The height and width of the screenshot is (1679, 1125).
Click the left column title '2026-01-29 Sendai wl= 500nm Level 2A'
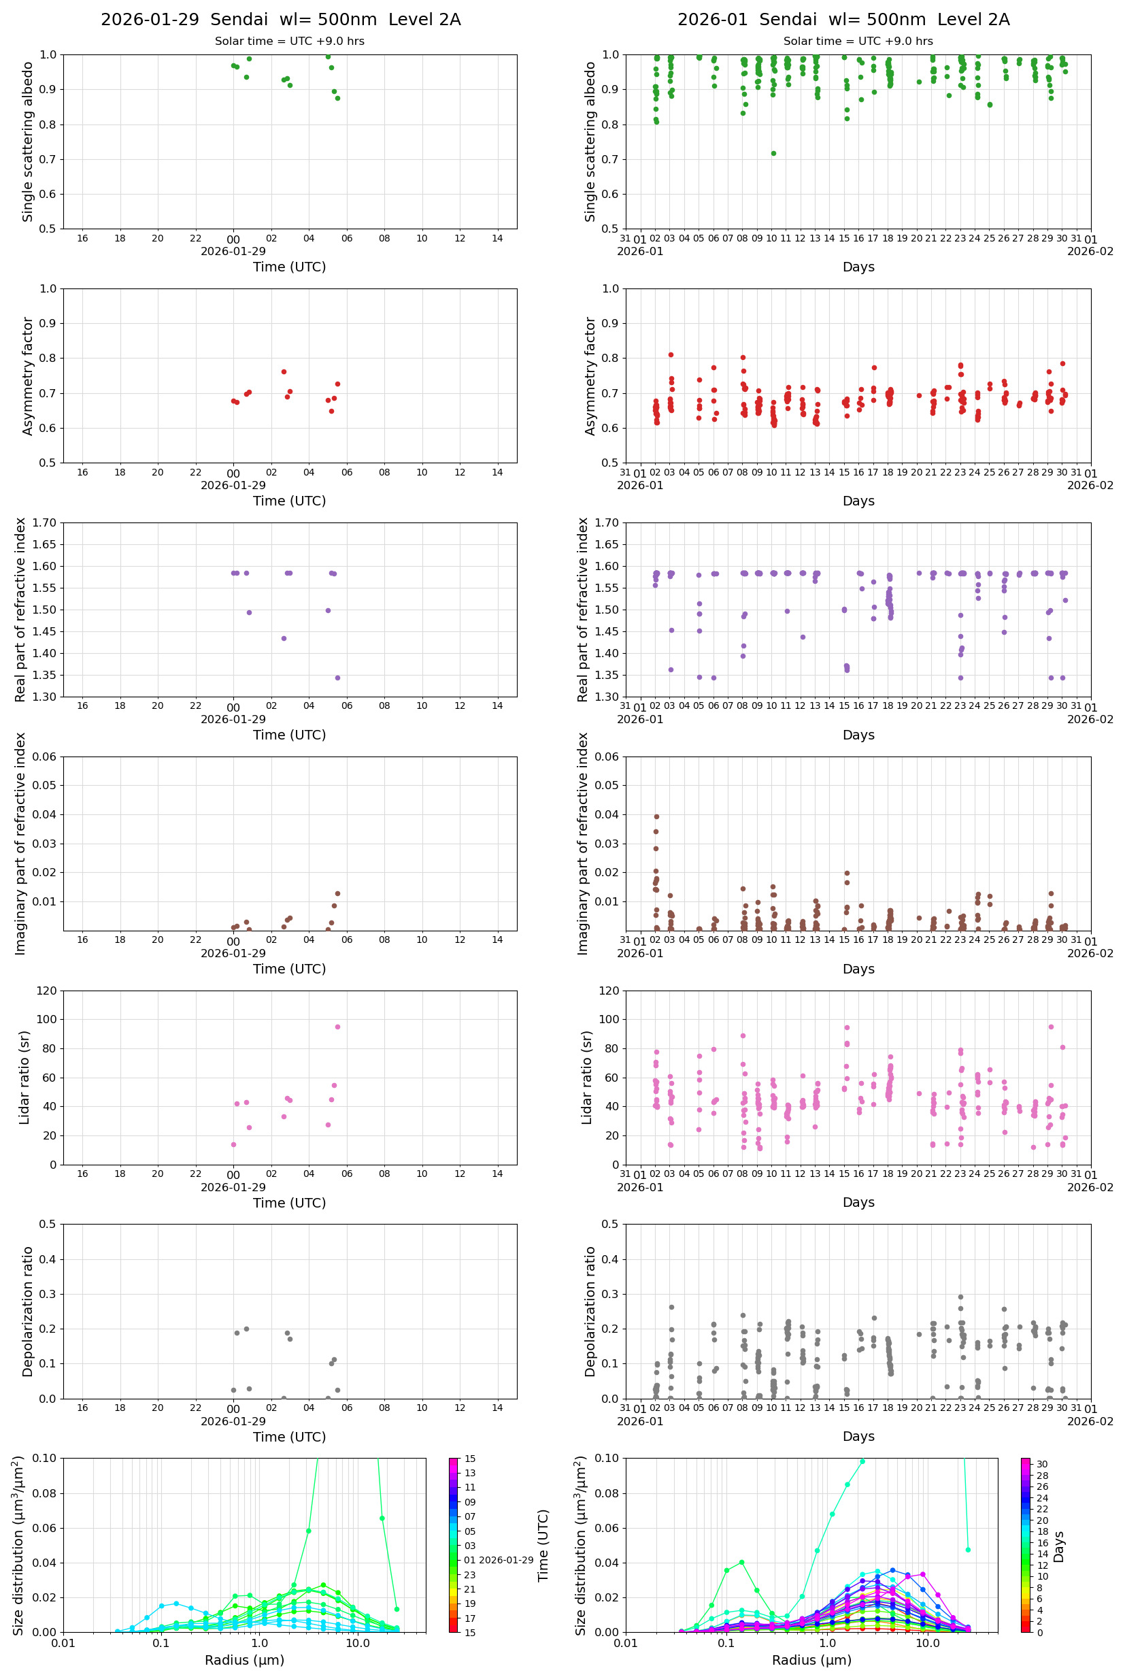(280, 19)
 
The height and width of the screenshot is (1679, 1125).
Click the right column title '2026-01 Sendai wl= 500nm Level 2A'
(843, 19)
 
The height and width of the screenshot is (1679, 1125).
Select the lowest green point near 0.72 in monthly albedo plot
(773, 153)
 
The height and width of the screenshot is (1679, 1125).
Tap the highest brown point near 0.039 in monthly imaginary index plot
(656, 816)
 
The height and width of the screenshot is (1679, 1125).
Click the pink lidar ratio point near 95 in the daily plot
(337, 1027)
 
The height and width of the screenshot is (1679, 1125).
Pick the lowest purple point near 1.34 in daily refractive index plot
(337, 678)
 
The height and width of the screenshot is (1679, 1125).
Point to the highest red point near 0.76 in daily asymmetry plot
(284, 371)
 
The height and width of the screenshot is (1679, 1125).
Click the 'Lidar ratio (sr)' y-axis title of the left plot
(25, 1078)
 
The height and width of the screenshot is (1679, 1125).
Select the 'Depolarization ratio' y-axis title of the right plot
(590, 1311)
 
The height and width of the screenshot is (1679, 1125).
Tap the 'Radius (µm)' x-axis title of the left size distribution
(245, 1660)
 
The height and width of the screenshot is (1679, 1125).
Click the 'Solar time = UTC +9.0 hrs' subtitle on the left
(290, 41)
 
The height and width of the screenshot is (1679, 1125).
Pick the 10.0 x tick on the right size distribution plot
(927, 1643)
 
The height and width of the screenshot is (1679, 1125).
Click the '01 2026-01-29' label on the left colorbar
(499, 1560)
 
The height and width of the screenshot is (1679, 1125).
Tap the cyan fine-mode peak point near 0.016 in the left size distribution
(175, 1603)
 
